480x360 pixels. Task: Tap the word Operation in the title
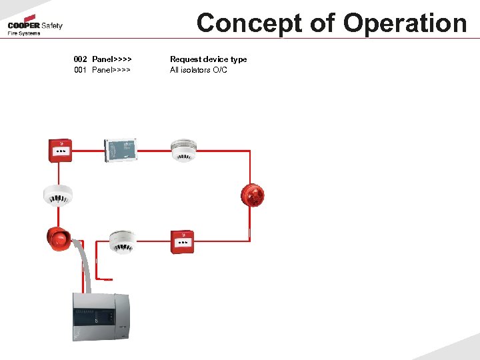click(x=405, y=23)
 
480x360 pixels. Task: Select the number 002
click(x=80, y=59)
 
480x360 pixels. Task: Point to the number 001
click(x=80, y=70)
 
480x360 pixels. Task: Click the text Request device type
click(x=208, y=59)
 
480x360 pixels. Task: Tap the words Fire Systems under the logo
click(x=24, y=33)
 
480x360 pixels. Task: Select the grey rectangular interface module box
click(x=121, y=150)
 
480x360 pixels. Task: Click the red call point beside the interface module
click(x=61, y=150)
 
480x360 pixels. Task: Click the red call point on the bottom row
click(x=181, y=242)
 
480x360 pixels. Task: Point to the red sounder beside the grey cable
click(x=59, y=239)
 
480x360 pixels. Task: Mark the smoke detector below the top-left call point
click(x=58, y=194)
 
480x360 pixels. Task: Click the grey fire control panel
click(x=100, y=317)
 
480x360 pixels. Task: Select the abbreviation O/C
click(x=220, y=70)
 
